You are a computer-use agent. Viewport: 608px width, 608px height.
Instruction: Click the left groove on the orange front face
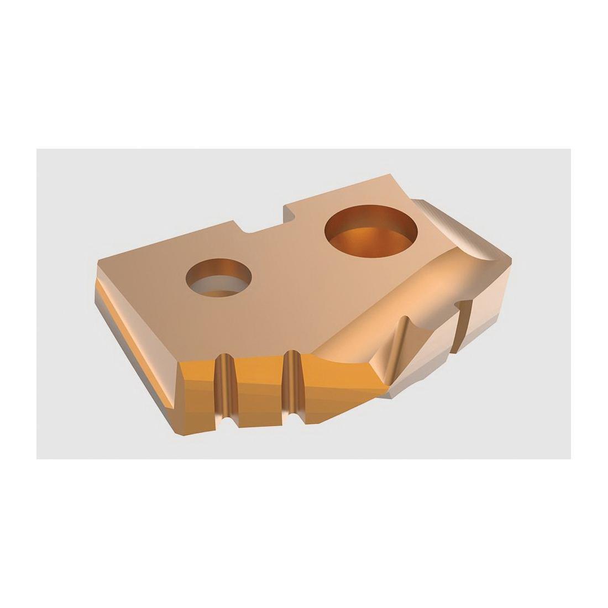[x=224, y=387]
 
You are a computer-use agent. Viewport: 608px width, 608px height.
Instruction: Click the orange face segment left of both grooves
[x=196, y=387]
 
